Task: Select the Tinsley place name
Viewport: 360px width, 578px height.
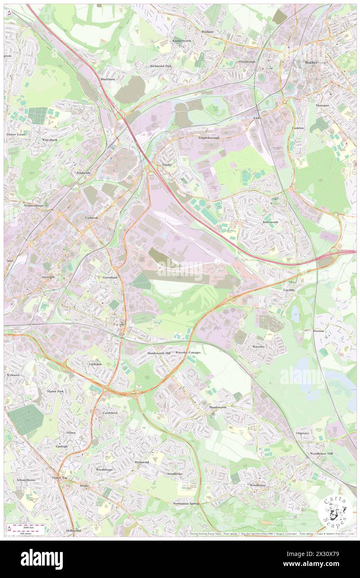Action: pos(166,165)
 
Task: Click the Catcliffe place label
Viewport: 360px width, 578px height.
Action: pos(289,290)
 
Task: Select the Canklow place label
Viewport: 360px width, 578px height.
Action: pos(298,128)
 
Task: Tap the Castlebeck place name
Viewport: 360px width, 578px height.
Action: pos(110,413)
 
